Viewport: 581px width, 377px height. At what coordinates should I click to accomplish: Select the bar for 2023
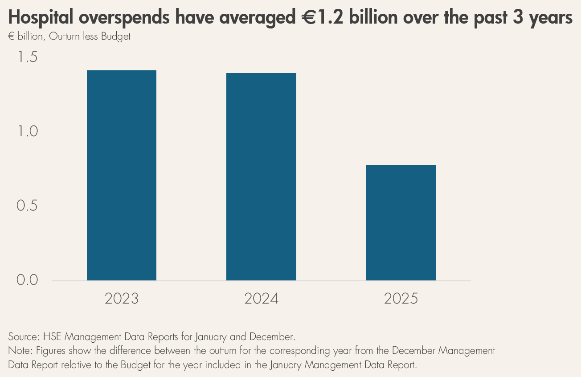(x=122, y=175)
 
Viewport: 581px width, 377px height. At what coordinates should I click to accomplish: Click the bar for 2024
(x=261, y=177)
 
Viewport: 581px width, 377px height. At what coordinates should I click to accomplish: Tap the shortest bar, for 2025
(x=401, y=223)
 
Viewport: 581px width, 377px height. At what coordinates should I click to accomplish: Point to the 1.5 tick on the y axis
(x=27, y=57)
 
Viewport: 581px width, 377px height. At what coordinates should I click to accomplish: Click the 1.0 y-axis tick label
(x=27, y=131)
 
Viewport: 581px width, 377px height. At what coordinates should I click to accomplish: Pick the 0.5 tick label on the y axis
(x=27, y=206)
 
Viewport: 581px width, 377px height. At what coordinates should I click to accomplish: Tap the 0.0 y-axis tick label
(x=27, y=280)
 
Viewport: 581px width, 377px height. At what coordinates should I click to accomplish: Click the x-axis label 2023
(x=122, y=299)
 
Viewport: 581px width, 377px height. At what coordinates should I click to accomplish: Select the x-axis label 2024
(x=261, y=299)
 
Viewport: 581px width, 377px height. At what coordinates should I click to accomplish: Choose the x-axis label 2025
(x=401, y=299)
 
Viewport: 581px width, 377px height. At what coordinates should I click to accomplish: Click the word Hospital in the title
(x=41, y=18)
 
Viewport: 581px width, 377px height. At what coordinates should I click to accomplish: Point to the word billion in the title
(x=373, y=17)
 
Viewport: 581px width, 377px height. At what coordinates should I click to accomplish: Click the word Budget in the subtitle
(x=116, y=36)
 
